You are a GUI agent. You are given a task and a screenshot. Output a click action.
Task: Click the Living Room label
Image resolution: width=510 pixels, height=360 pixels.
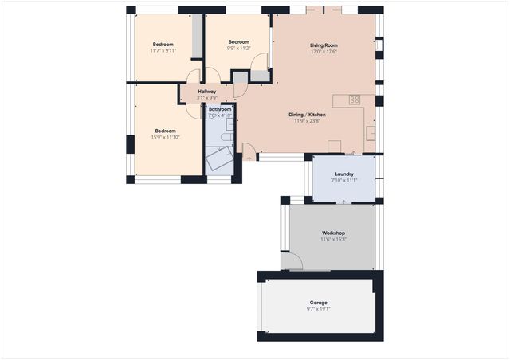click(x=324, y=45)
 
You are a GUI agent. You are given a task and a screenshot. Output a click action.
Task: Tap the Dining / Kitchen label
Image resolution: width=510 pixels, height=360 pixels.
click(x=306, y=115)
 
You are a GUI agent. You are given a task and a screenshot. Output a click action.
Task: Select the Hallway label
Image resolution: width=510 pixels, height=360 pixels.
click(x=207, y=92)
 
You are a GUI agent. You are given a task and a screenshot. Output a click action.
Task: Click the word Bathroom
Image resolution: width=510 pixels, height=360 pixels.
click(x=220, y=109)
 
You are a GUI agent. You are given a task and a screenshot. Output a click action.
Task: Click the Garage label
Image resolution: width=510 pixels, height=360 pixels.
click(x=319, y=302)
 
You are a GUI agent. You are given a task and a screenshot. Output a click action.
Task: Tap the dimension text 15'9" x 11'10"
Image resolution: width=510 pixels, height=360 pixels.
click(x=165, y=137)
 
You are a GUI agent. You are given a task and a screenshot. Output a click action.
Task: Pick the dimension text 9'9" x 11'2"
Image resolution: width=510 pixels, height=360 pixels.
click(x=239, y=48)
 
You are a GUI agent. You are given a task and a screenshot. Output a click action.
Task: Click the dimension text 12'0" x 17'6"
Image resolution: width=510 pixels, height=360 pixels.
click(x=324, y=53)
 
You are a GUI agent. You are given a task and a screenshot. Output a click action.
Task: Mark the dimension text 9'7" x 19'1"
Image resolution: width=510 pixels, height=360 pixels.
click(x=319, y=309)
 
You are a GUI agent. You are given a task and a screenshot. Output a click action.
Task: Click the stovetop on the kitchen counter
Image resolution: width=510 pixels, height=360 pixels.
click(x=355, y=100)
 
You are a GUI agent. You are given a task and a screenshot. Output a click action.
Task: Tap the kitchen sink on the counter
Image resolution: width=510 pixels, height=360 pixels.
click(x=370, y=133)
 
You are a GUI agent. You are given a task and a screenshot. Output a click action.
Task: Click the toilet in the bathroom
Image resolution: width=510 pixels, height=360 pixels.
click(x=226, y=138)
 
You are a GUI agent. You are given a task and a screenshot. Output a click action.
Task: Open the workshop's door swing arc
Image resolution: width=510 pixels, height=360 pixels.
click(x=294, y=260)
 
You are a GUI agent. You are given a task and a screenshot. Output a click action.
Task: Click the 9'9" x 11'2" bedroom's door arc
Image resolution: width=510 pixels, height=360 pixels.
click(x=213, y=76)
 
